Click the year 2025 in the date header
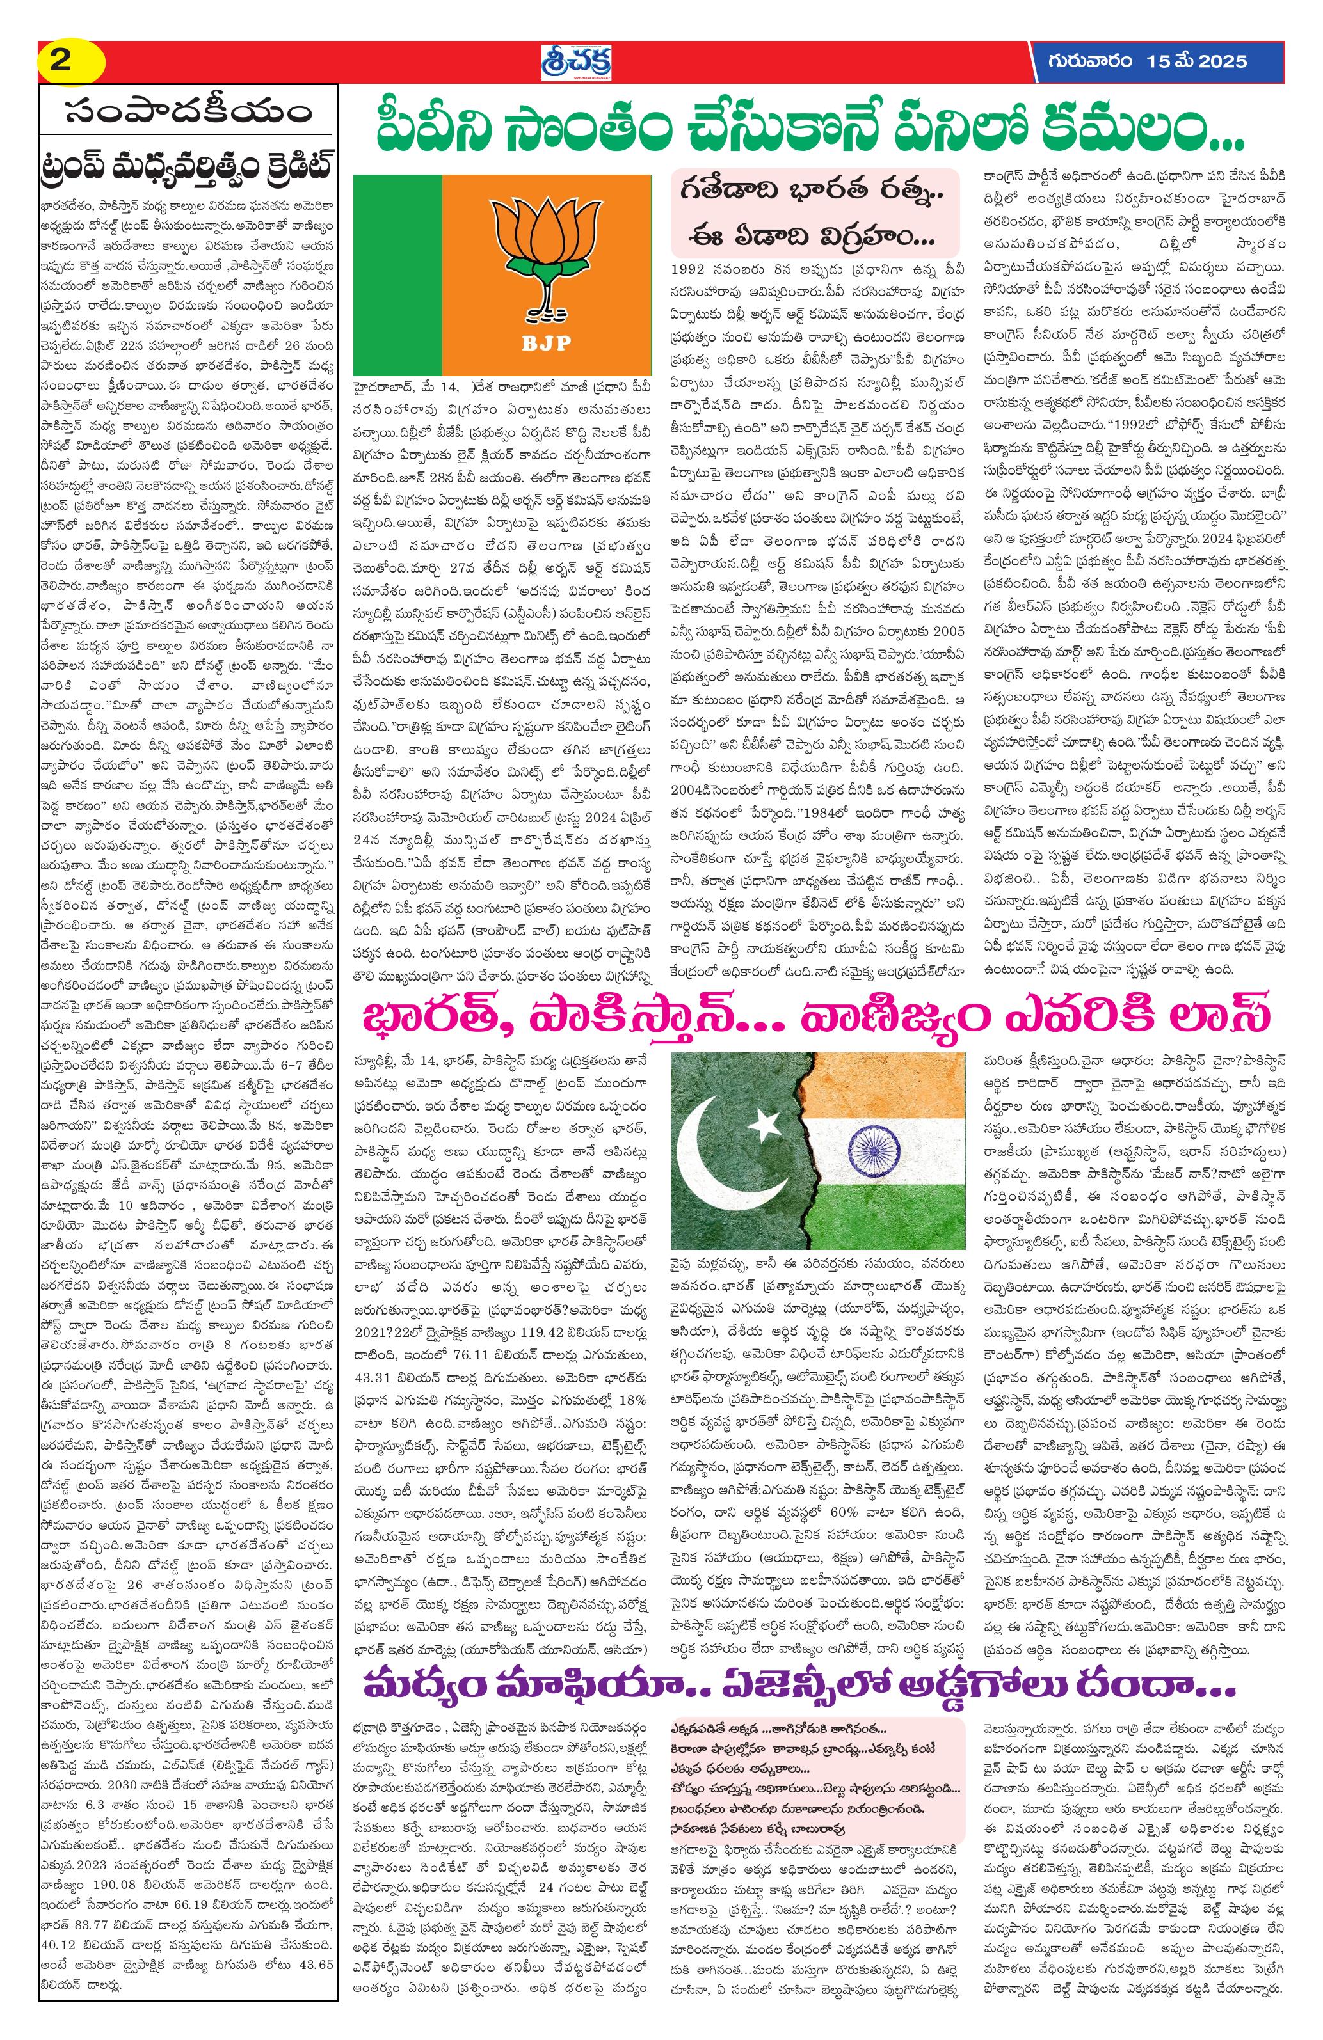tap(1221, 61)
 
